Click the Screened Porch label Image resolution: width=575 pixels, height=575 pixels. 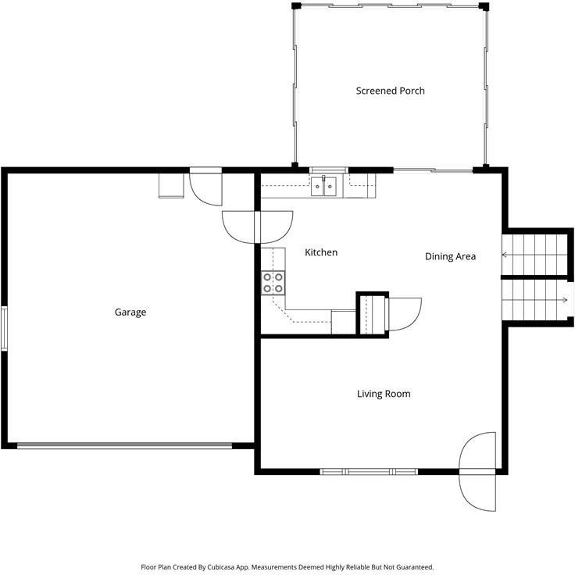(x=390, y=91)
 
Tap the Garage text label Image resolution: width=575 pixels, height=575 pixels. (x=130, y=312)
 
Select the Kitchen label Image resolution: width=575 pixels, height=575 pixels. (x=321, y=252)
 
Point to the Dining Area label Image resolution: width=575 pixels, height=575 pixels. (x=450, y=256)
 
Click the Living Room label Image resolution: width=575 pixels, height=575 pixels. (x=384, y=394)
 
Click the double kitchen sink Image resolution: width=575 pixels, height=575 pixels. (x=323, y=186)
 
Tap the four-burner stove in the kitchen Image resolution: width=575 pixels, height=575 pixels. (x=273, y=282)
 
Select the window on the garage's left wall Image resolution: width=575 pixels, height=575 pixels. (x=4, y=328)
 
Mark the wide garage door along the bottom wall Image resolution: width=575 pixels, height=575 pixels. (x=125, y=446)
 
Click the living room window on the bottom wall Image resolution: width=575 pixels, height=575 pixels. (x=369, y=471)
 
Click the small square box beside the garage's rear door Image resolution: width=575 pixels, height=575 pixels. (x=171, y=186)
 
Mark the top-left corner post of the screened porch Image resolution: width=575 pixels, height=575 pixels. (x=295, y=6)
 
